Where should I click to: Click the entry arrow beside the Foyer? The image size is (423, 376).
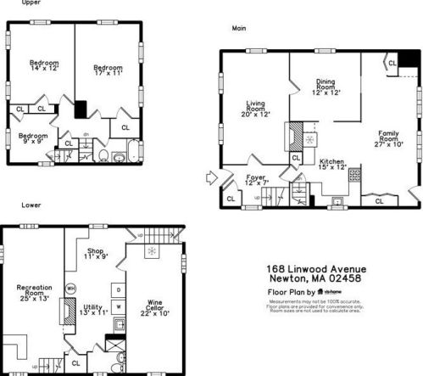point(210,178)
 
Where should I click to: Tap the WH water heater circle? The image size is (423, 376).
point(71,289)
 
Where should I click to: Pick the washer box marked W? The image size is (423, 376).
point(119,306)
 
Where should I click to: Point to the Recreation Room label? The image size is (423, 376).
point(34,293)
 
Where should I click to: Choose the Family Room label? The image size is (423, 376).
point(389,137)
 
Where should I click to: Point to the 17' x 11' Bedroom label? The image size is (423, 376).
point(108,71)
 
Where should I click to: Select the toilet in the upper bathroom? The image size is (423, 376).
point(103,156)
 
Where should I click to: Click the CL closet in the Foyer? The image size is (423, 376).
point(231,199)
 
